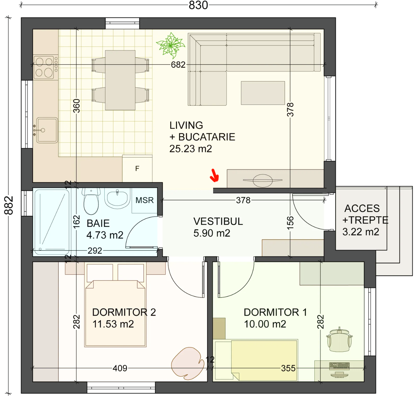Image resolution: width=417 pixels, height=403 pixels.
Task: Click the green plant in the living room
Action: pos(170,45)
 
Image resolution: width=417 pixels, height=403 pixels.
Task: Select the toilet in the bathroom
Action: pos(91,201)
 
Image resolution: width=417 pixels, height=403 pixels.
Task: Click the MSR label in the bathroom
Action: pos(145,200)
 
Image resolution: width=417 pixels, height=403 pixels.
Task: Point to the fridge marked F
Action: pos(137,169)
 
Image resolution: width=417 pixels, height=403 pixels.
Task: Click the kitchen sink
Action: pos(47,130)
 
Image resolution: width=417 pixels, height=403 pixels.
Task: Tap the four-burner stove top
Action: pos(46,67)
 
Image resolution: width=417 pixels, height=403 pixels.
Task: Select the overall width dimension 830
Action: pos(198,5)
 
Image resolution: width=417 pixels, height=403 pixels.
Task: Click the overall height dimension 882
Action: pos(9,205)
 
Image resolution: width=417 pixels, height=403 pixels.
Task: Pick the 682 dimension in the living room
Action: pos(178,65)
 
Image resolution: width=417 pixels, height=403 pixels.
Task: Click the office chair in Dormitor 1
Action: pos(339,340)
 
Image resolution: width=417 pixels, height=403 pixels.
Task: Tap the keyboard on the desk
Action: pos(339,366)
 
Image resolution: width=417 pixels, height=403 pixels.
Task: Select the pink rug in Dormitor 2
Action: pos(188,364)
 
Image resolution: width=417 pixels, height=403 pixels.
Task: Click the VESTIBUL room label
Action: pos(218,221)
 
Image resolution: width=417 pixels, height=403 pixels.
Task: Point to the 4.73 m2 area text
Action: pos(105,235)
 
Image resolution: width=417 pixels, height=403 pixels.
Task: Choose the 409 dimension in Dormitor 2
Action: pos(120,368)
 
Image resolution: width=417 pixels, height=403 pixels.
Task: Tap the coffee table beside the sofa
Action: pos(263,93)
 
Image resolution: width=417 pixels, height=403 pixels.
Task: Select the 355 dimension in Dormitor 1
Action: pos(288,368)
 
